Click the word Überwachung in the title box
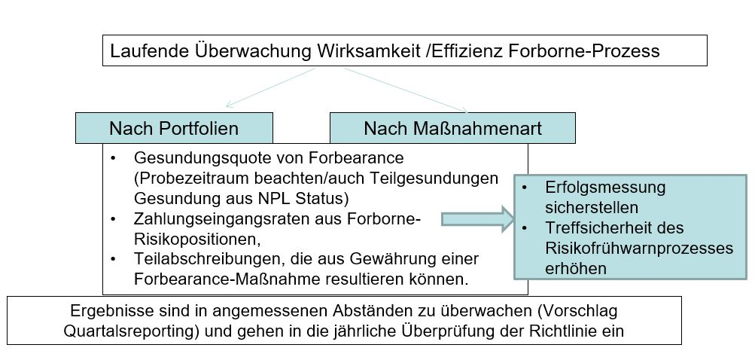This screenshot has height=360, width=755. tap(254, 51)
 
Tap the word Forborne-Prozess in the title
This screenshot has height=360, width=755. tap(584, 50)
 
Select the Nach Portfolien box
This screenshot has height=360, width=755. tap(175, 128)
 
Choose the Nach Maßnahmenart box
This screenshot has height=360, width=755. tap(452, 128)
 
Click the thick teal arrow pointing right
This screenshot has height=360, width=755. tap(479, 219)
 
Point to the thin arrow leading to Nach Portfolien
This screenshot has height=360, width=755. tap(270, 87)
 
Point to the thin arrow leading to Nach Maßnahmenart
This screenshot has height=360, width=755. tap(406, 90)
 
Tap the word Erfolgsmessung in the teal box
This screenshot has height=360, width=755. tap(605, 188)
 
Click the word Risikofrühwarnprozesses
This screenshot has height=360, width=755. tap(639, 249)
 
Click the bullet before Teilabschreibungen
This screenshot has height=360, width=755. tap(113, 260)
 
